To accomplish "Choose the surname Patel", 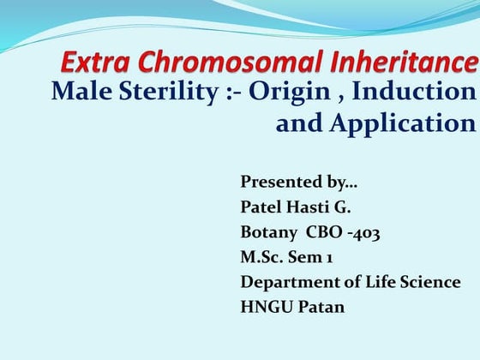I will click(262, 207).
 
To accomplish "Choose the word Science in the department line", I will click(429, 282).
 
